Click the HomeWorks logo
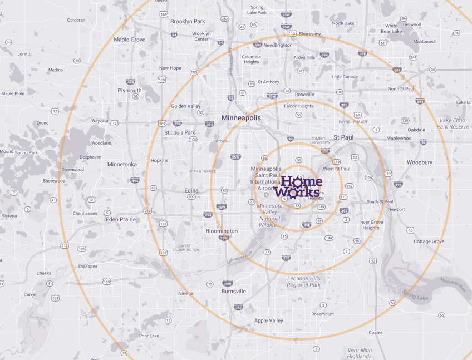click(x=301, y=188)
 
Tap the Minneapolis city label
click(x=241, y=118)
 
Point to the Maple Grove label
click(x=129, y=40)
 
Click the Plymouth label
click(x=130, y=90)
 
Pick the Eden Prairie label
click(x=121, y=219)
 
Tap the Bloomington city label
click(x=222, y=231)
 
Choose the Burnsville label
click(x=233, y=291)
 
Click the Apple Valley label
click(x=268, y=320)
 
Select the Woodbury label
click(x=419, y=162)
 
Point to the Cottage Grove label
click(x=429, y=241)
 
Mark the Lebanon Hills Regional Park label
click(x=304, y=282)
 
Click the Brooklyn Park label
click(x=188, y=21)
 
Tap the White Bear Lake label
click(x=391, y=28)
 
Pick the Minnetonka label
click(x=122, y=164)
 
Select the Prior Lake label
click(x=149, y=336)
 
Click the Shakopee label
click(x=87, y=266)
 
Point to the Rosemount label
click(x=323, y=314)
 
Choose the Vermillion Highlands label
click(x=359, y=353)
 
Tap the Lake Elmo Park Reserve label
click(x=453, y=123)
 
